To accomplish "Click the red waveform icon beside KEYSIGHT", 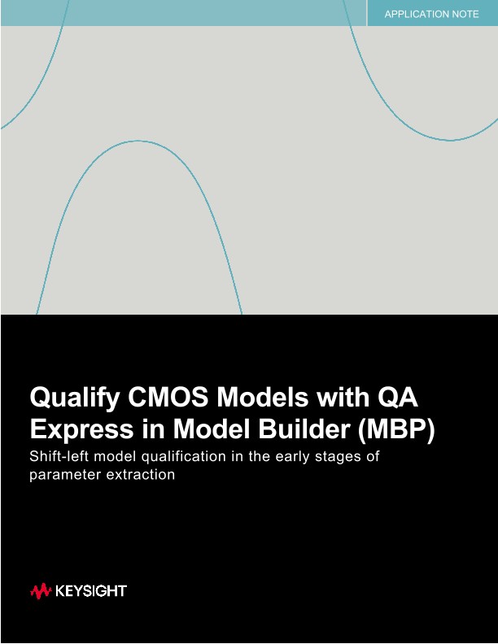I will pos(41,591).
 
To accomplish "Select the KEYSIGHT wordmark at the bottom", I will pos(91,591).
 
